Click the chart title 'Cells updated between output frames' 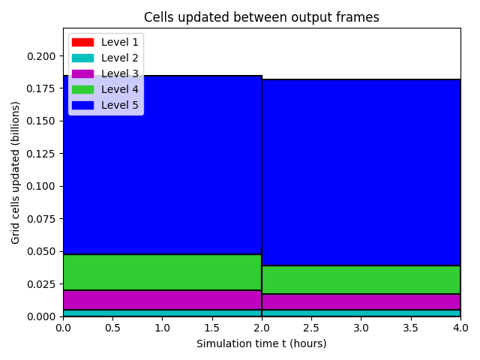click(x=262, y=17)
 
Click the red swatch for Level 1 click(x=82, y=42)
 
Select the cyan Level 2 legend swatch click(x=82, y=58)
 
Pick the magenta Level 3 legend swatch click(x=82, y=73)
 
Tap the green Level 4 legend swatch click(x=82, y=89)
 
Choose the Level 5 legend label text click(x=120, y=105)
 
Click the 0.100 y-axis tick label click(x=41, y=186)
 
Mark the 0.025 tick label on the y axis click(x=41, y=284)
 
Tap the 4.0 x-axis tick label click(x=460, y=328)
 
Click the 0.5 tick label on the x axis click(x=112, y=328)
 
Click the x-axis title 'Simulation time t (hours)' click(x=262, y=343)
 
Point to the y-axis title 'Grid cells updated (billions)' click(x=15, y=173)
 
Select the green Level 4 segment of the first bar click(x=162, y=272)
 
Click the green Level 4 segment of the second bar click(x=361, y=280)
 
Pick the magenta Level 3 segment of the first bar click(x=162, y=300)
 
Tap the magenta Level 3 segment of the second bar click(x=361, y=301)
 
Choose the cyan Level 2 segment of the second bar click(x=361, y=313)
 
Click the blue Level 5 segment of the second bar click(x=361, y=172)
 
